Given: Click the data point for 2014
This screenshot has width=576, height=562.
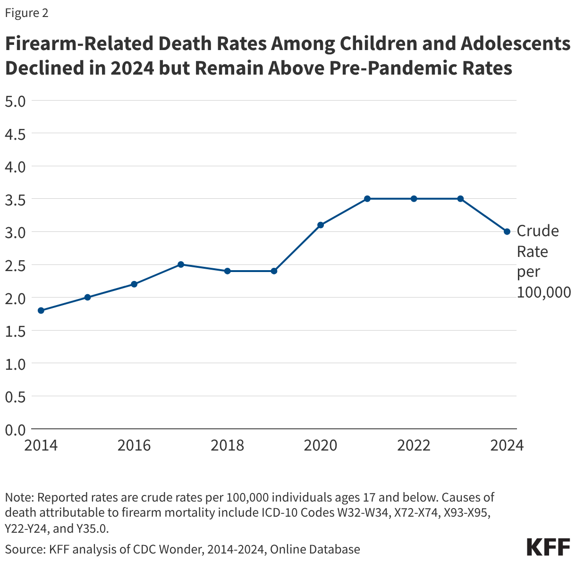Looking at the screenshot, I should click(41, 310).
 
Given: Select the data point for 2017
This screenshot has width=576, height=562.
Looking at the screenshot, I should click(181, 264).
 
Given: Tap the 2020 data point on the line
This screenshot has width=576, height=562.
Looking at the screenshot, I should click(321, 225).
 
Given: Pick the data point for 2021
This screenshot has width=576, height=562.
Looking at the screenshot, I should click(367, 199).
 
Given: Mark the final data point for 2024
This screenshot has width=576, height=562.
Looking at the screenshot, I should click(507, 231).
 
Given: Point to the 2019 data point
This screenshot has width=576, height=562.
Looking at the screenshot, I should click(274, 271).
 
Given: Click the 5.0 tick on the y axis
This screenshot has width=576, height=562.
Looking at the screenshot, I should click(15, 101).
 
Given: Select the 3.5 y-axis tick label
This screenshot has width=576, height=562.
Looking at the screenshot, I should click(15, 199).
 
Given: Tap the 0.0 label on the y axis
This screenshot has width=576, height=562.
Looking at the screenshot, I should click(15, 429).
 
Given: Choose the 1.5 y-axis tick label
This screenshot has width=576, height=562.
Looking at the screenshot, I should click(15, 331).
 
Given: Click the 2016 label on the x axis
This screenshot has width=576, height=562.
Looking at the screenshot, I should click(134, 445).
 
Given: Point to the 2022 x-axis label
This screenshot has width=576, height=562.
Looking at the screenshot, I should click(414, 445).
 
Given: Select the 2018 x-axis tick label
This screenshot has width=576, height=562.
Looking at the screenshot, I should click(228, 445).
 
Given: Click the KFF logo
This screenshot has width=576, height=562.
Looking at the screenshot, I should click(548, 547).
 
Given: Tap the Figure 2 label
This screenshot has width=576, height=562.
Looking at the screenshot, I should click(26, 13).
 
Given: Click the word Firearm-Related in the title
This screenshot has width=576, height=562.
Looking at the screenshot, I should click(78, 44).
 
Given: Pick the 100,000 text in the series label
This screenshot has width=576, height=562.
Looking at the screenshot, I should click(543, 293).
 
